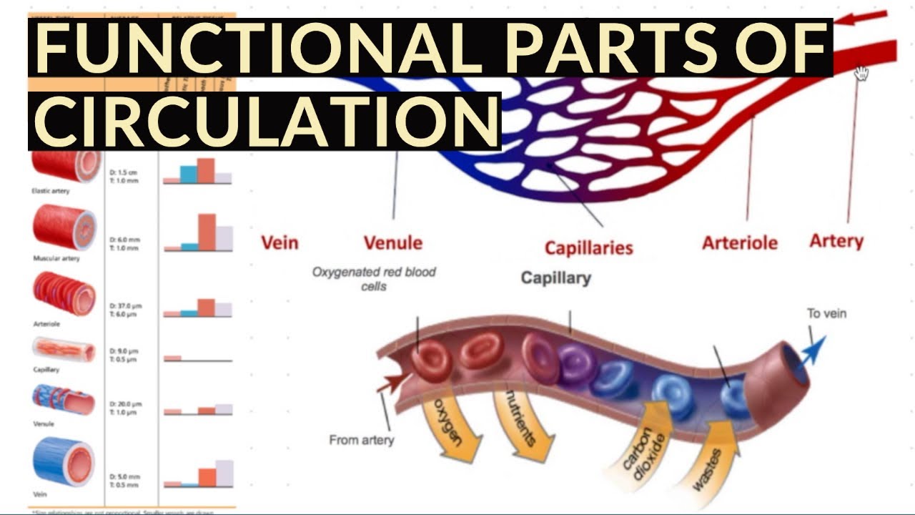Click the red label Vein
(x=280, y=242)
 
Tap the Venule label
(x=392, y=242)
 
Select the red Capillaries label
(x=588, y=247)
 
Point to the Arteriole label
(x=739, y=242)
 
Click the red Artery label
(x=836, y=241)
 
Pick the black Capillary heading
(x=555, y=278)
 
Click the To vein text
(x=826, y=313)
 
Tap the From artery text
(x=361, y=440)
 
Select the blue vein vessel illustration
(x=64, y=463)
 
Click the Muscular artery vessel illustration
(x=64, y=227)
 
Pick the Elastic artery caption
(x=51, y=191)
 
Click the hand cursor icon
(x=861, y=72)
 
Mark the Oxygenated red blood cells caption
(x=373, y=278)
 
